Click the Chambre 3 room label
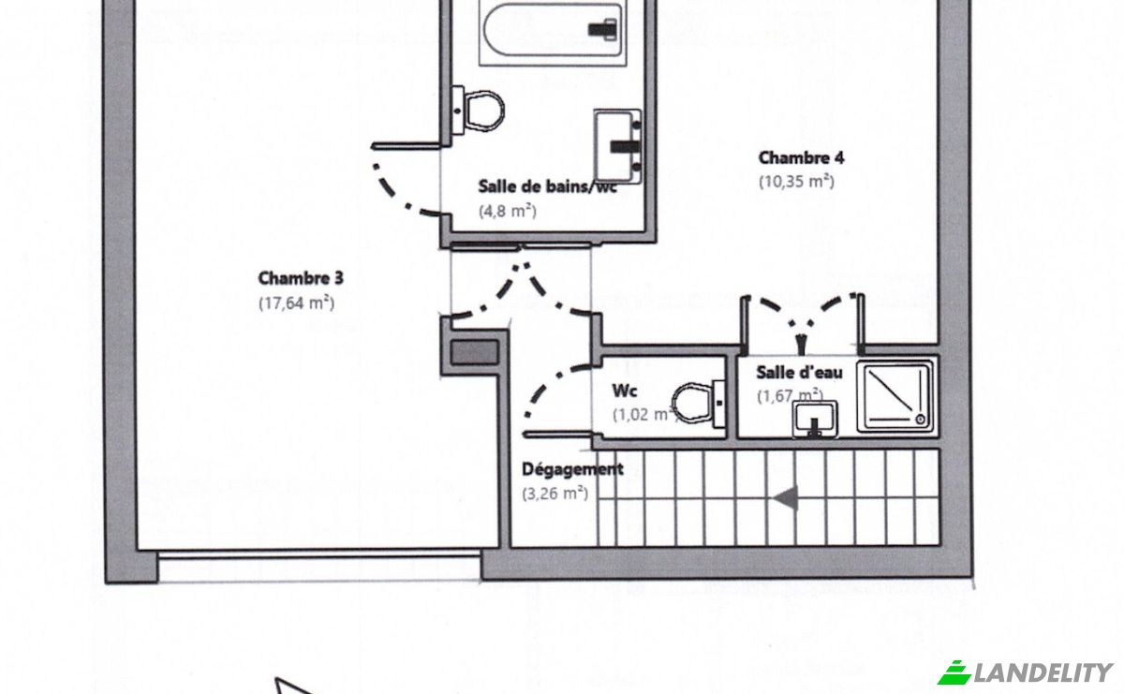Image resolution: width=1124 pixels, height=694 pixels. click(x=301, y=278)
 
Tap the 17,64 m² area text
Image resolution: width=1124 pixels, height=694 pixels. click(x=297, y=303)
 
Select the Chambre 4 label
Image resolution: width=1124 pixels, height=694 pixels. click(x=802, y=157)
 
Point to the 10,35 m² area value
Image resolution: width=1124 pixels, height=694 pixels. click(x=796, y=181)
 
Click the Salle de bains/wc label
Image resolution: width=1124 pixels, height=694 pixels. click(x=547, y=186)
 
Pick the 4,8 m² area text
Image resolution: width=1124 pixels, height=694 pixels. click(x=508, y=212)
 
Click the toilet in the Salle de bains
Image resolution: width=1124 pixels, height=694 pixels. click(x=478, y=111)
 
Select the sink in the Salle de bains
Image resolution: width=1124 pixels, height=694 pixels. click(x=617, y=146)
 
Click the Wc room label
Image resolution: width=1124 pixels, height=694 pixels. click(x=625, y=391)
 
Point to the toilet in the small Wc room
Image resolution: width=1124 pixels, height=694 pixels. click(x=699, y=404)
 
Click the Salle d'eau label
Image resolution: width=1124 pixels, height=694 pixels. click(x=799, y=373)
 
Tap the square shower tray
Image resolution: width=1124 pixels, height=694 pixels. click(x=895, y=396)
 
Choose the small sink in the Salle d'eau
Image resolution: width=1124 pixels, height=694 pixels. click(x=815, y=419)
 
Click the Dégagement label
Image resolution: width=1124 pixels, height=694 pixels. click(x=572, y=469)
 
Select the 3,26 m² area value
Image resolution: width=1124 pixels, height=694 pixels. click(x=555, y=494)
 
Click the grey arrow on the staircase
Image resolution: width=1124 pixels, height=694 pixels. click(x=785, y=498)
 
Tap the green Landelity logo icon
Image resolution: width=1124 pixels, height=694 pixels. click(x=954, y=672)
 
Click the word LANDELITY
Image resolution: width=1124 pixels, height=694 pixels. click(x=1043, y=672)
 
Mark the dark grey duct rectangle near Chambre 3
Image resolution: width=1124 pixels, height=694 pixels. click(x=474, y=352)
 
